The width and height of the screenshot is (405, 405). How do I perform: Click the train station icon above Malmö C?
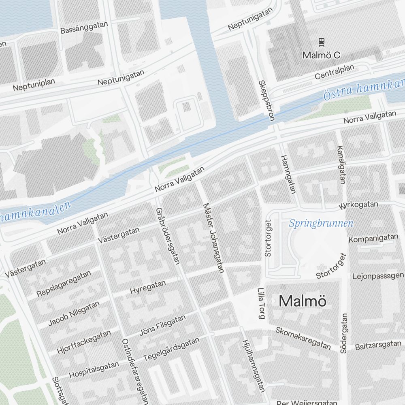(321, 42)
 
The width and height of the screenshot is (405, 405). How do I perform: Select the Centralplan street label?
(335, 72)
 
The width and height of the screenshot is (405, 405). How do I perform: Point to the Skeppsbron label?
(266, 100)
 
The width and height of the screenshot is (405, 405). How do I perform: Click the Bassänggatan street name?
(84, 28)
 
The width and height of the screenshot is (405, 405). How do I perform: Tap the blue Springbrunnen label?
(321, 223)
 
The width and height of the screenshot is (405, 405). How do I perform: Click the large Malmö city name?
(303, 301)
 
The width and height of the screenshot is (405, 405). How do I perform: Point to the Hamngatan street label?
(289, 174)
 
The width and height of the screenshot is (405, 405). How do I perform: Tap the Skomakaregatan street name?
(303, 338)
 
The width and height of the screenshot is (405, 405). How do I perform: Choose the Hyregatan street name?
(148, 287)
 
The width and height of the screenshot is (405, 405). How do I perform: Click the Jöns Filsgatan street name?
(162, 325)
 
